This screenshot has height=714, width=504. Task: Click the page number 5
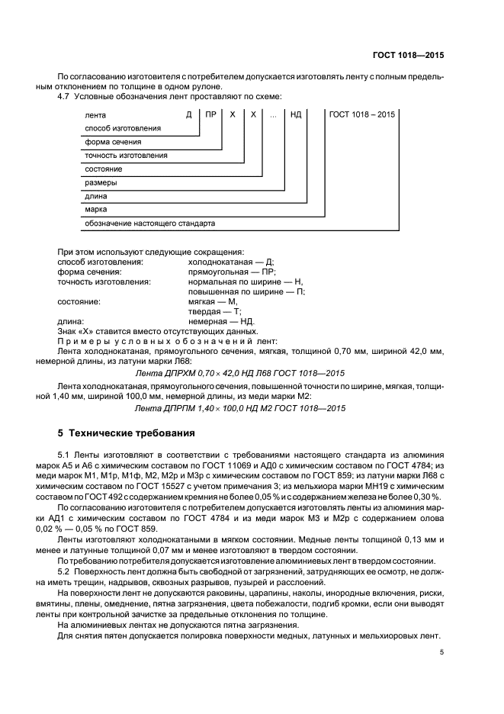441,653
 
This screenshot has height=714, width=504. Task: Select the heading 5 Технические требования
126,433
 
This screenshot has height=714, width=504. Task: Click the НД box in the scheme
296,114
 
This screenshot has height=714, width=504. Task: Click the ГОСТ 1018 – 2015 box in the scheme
362,114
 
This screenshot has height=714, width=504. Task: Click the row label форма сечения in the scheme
112,142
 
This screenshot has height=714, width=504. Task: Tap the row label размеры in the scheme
101,183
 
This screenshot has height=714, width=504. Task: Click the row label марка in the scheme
96,210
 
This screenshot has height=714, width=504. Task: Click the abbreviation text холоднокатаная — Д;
226,262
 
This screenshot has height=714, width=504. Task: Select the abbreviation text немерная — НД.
221,321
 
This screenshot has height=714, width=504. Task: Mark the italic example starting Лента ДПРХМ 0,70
240,372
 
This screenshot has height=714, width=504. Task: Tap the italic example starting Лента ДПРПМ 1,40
240,408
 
